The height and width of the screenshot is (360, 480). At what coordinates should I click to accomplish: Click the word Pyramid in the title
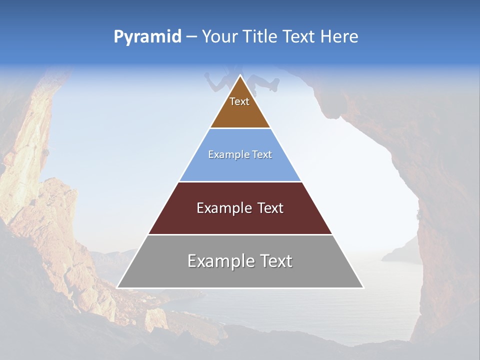tap(147, 37)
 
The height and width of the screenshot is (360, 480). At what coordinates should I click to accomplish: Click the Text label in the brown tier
tap(239, 102)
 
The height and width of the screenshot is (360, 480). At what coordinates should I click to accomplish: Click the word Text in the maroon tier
tap(270, 208)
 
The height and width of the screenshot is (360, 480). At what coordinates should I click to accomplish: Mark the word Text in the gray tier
tap(275, 261)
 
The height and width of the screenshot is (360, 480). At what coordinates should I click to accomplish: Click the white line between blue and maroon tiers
tap(240, 181)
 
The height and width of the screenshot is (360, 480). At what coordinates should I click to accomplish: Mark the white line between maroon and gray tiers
tap(240, 234)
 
